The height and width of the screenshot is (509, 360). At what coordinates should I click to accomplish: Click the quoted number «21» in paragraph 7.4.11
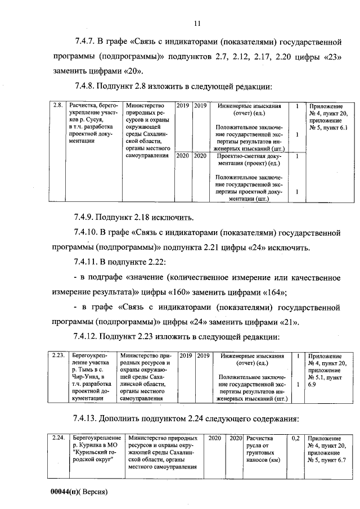(288, 322)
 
